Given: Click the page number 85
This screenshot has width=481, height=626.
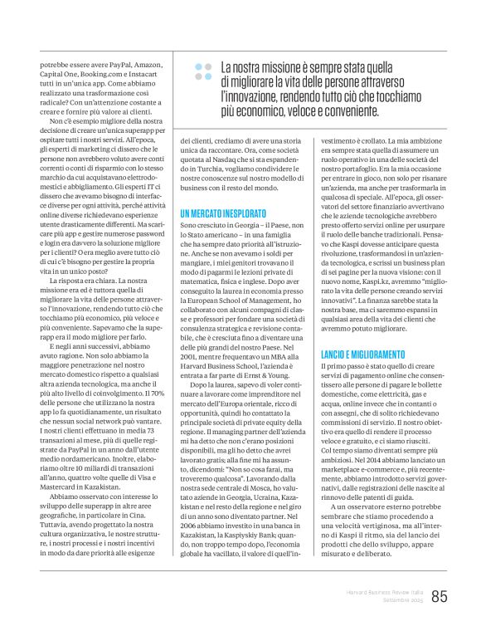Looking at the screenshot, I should pos(440,596).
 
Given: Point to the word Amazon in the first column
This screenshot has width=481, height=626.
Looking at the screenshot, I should pos(147,63).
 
